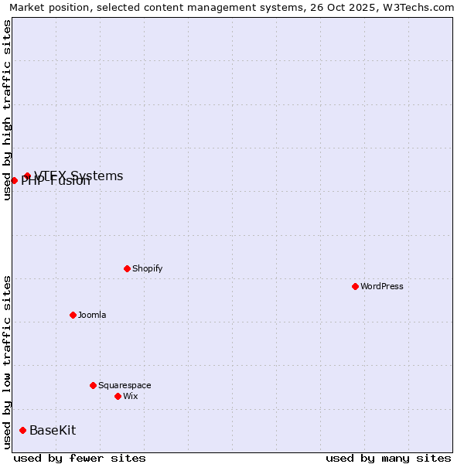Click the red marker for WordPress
coord(355,286)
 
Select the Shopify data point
coord(127,268)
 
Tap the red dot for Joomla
coord(73,315)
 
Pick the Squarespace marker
coord(93,385)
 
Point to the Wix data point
coord(118,396)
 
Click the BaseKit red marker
coord(22,430)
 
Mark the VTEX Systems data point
coord(27,176)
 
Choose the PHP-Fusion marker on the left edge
coord(14,180)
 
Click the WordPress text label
coord(382,286)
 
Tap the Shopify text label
coord(147,268)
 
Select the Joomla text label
coord(92,315)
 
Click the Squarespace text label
coord(125,385)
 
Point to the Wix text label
coord(130,396)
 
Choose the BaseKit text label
coord(53,430)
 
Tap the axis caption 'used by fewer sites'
coord(80,458)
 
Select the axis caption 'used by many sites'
coord(388,458)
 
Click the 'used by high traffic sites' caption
coord(7,110)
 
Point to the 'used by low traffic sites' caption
coord(7,361)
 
